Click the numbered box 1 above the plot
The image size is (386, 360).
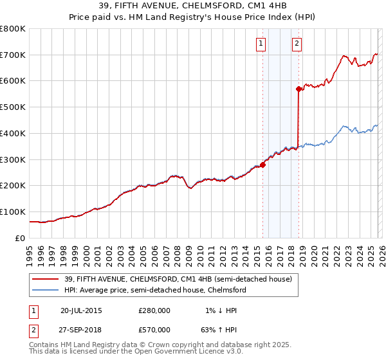[261, 44]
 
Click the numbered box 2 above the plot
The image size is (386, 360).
[297, 44]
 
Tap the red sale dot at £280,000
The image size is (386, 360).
[262, 165]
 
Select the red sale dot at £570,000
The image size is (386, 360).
[299, 89]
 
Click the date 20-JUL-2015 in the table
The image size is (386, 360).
[81, 310]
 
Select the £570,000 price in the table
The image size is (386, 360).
[154, 329]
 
